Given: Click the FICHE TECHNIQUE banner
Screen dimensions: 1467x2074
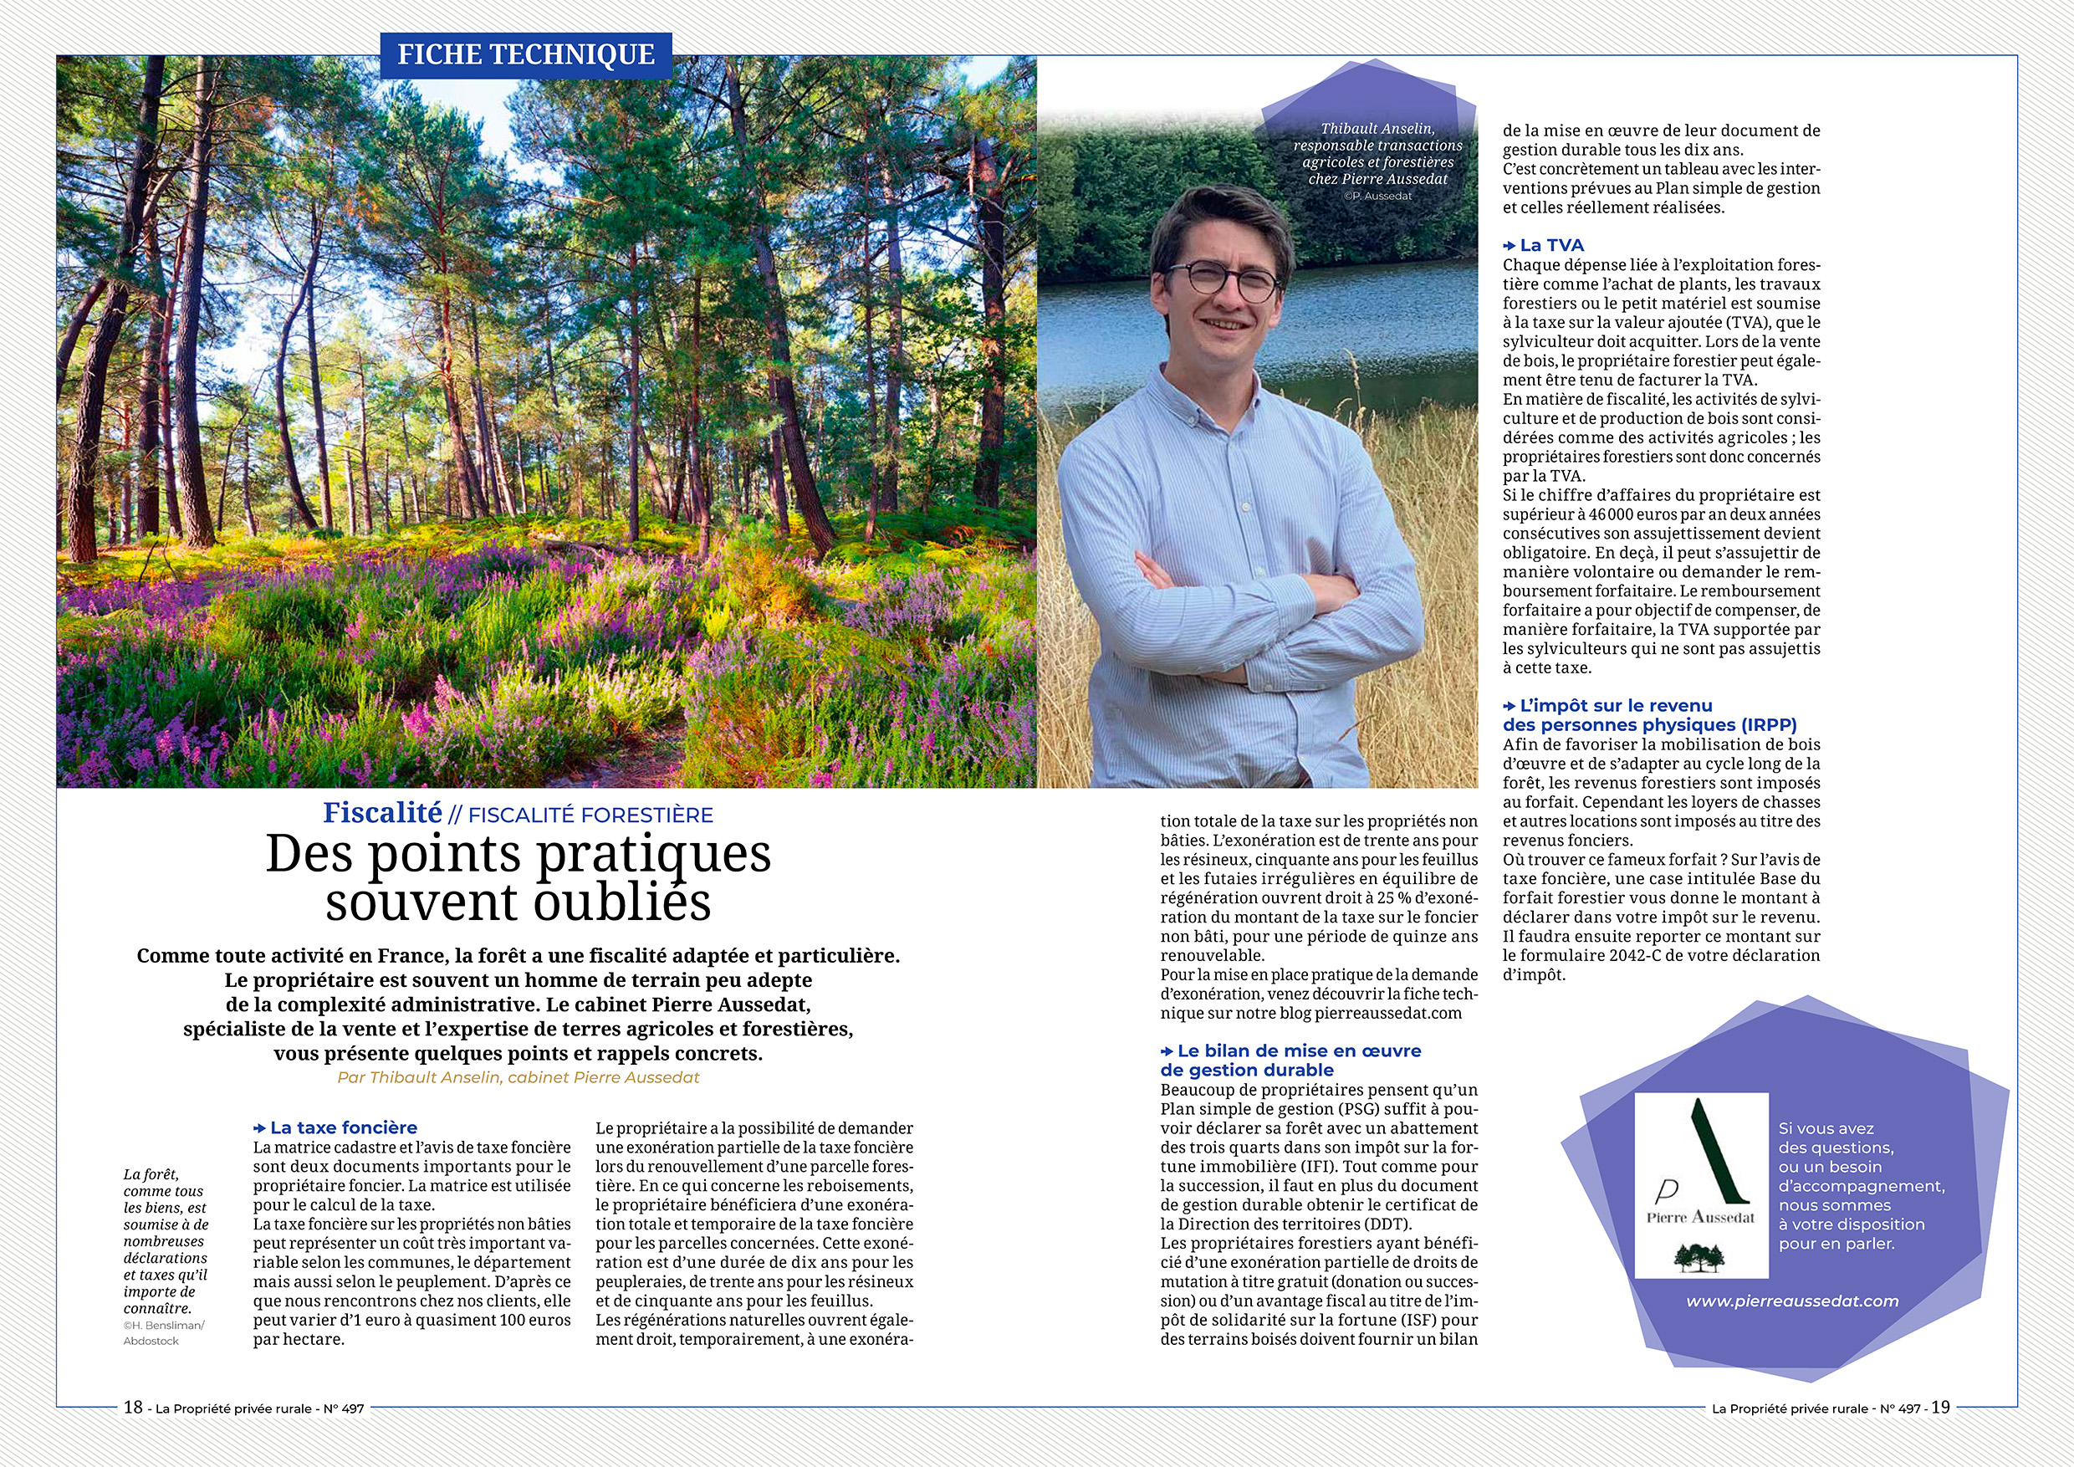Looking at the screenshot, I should [x=526, y=55].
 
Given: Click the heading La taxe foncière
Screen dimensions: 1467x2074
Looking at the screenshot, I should [x=343, y=1127].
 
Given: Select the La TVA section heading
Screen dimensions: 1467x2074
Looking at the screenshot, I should [x=1551, y=245].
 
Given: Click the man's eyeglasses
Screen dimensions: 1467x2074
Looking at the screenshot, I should [x=1223, y=279].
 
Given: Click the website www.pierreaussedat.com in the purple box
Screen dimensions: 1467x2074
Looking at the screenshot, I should [x=1792, y=1301].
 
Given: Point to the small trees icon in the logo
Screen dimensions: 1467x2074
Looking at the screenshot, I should [x=1699, y=1256].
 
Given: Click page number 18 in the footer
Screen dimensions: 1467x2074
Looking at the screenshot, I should [x=134, y=1408].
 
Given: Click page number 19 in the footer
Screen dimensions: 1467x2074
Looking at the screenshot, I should [x=1940, y=1408].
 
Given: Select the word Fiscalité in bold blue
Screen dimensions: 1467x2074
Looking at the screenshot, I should [x=383, y=813].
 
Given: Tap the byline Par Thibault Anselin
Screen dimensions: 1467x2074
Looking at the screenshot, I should [x=518, y=1076].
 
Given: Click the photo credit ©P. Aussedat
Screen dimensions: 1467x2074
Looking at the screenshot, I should [x=1377, y=196].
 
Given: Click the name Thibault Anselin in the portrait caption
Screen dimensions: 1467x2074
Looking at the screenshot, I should [x=1377, y=129].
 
